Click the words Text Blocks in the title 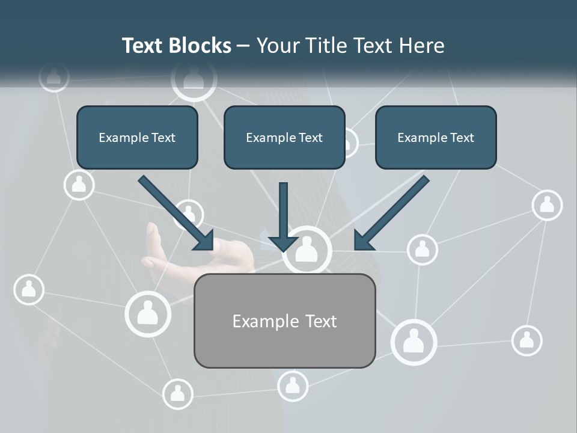coord(176,46)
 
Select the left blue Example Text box coord(137,137)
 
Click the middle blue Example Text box coord(284,137)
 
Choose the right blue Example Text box coord(436,137)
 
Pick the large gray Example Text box coord(284,321)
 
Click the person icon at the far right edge coord(547,205)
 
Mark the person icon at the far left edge coord(28,290)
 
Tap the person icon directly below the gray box coord(293,385)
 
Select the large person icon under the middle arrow coord(307,248)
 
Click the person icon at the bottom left coord(177,394)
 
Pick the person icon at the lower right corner coord(527,340)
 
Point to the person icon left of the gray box coord(148,313)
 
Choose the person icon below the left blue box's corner coord(79,184)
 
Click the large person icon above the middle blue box coord(193,79)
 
